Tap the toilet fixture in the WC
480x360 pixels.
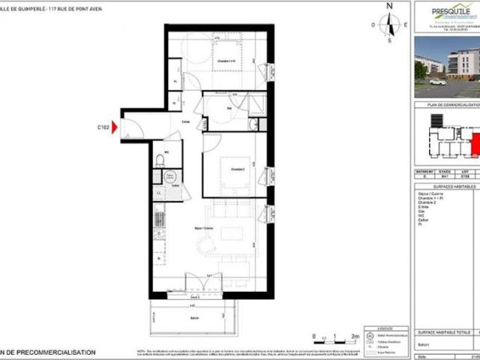(x=160, y=163)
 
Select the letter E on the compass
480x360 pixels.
(x=404, y=25)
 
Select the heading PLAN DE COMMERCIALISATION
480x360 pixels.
(x=450, y=105)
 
